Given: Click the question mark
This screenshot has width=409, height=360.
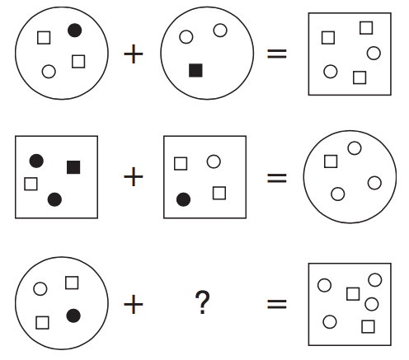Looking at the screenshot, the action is pos(202,302).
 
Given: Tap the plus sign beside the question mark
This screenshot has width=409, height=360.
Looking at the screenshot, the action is pos(134,304).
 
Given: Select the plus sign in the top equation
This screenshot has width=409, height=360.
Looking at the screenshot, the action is pos(134,54).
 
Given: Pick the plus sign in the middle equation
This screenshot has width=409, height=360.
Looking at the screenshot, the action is pos(134,176).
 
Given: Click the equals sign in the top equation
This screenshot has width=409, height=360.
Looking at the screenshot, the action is pos(277,54).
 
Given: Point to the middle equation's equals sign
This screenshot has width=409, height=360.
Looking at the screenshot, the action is pos(277,178).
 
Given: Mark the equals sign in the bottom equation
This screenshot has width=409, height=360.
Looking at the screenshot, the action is pos(277,304).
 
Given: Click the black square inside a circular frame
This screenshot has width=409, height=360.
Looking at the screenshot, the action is pos(195,70).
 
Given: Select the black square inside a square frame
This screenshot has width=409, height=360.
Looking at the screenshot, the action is pos(73,167).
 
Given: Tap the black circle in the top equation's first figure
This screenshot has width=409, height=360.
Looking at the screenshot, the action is pos(74,30).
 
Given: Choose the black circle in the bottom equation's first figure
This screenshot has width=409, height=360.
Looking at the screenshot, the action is pos(73,316).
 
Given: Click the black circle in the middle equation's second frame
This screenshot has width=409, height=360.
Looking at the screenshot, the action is pos(183,199).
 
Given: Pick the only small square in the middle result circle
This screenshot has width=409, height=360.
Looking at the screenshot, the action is pos(331,161).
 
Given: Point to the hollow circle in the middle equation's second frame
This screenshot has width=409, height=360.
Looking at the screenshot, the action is pos(214,161).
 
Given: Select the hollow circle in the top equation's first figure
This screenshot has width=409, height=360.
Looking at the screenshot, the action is pos(49,72).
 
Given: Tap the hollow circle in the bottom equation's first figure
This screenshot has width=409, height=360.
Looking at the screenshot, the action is pos(40,289).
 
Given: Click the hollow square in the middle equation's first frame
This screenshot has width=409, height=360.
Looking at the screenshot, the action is pos(31,184).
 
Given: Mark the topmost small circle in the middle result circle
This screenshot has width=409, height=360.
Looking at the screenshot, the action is pos(355,148).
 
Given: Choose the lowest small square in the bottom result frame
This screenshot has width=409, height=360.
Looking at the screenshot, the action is pos(368,326).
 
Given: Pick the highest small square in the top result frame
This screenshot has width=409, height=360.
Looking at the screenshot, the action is pos(366,28).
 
